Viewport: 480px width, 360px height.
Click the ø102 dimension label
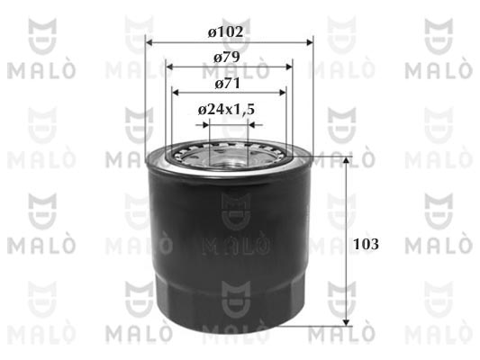(x=226, y=31)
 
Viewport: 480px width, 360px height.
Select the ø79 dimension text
(x=227, y=58)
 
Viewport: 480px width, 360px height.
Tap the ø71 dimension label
(x=228, y=84)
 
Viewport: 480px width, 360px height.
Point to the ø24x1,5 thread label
(x=226, y=110)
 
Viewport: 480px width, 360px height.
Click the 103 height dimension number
(x=366, y=244)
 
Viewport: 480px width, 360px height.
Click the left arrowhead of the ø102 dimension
(x=149, y=42)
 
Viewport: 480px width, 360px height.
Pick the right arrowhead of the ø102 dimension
(x=309, y=42)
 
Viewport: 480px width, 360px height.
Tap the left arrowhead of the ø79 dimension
(x=169, y=67)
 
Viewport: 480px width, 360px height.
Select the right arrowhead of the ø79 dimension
(x=288, y=67)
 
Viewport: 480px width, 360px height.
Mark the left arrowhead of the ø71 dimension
(x=176, y=93)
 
